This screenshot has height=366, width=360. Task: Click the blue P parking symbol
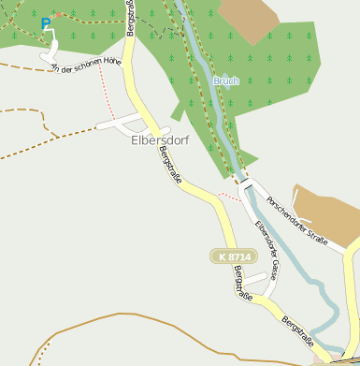(46, 23)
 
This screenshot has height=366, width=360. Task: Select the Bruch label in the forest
(226, 81)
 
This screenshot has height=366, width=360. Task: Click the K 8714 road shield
(231, 256)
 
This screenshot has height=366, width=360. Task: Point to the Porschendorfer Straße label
(296, 221)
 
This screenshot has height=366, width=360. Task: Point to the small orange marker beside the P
(58, 16)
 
